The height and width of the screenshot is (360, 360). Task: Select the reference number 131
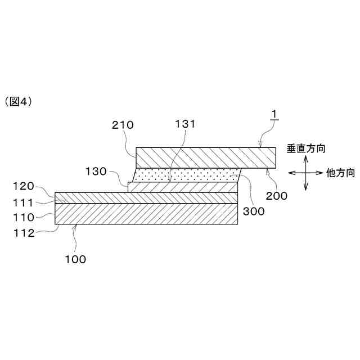point(185,124)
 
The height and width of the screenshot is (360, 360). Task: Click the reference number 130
point(96,170)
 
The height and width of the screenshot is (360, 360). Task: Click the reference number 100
point(75,259)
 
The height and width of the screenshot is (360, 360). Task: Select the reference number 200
point(277,196)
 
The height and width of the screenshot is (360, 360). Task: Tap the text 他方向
point(340,173)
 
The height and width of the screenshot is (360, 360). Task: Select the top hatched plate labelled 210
point(205,157)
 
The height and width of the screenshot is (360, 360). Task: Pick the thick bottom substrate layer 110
point(146,214)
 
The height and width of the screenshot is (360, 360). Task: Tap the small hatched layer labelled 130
point(183,187)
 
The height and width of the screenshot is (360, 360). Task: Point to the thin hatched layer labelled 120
point(146,197)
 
